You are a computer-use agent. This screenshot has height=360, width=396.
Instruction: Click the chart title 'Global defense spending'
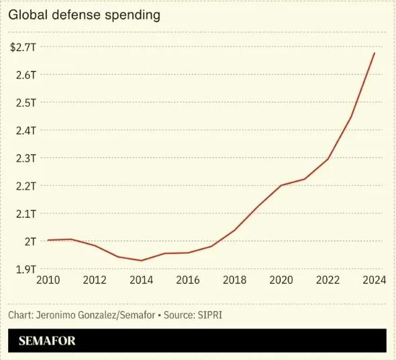[x=85, y=15]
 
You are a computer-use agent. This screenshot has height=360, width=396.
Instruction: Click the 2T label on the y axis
[x=30, y=241]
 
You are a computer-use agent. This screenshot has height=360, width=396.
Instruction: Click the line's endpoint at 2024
[x=375, y=52]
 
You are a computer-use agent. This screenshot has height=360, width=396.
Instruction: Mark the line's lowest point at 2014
[x=141, y=261]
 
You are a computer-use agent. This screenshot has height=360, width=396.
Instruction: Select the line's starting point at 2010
[x=48, y=240]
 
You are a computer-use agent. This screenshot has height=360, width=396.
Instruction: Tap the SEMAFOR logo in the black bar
[x=47, y=341]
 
